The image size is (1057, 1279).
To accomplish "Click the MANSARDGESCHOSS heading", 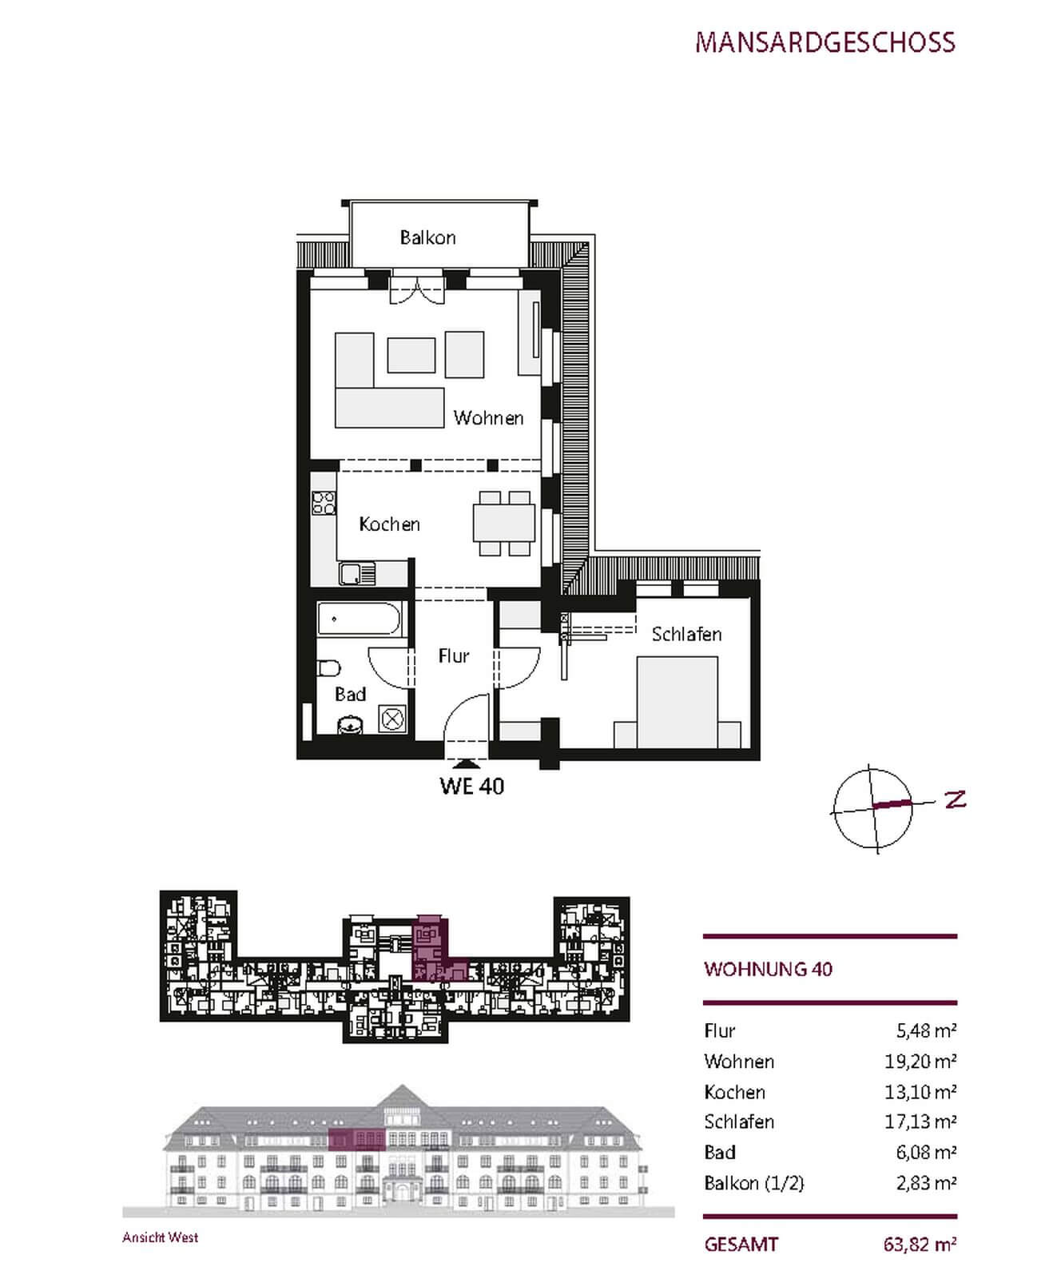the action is (x=825, y=42).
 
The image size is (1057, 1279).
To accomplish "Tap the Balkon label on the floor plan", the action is (x=427, y=237).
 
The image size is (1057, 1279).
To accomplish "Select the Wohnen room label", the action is (x=488, y=417).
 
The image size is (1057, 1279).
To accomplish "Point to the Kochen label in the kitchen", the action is (x=389, y=524).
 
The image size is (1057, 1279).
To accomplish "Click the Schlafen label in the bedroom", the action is (x=686, y=634).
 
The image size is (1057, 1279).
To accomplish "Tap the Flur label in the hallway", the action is (x=453, y=655).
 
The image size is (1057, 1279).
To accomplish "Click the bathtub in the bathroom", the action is (x=359, y=620).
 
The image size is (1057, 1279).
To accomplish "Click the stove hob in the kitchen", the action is (x=324, y=502).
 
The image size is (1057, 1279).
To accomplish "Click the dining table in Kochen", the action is (x=504, y=524).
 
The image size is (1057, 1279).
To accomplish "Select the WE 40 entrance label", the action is (x=471, y=786).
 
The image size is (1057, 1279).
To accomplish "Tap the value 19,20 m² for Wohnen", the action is (x=920, y=1061).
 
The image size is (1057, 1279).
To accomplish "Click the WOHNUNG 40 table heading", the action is (x=768, y=969).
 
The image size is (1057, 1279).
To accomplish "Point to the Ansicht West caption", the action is (x=160, y=1237).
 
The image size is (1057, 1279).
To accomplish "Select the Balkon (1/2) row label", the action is (x=753, y=1182).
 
